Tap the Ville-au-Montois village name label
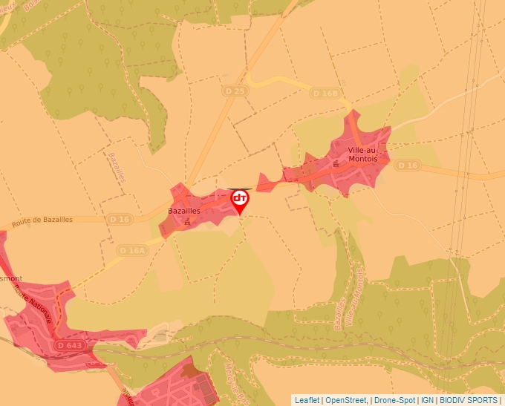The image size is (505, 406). click(x=362, y=154)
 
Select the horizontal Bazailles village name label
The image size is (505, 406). click(x=185, y=210)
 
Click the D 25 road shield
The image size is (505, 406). click(x=234, y=91)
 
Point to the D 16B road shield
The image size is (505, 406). click(x=325, y=94)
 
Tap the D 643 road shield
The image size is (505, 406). click(x=71, y=346)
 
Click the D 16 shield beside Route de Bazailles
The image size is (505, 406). click(x=120, y=219)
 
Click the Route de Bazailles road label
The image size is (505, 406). click(x=42, y=220)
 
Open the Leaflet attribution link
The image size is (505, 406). click(x=307, y=400)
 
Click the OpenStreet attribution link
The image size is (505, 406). click(x=346, y=400)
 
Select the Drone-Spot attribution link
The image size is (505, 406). click(x=394, y=400)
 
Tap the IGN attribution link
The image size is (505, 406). click(x=427, y=400)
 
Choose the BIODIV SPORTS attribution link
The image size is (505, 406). click(x=469, y=400)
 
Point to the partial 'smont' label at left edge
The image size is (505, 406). click(x=10, y=279)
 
